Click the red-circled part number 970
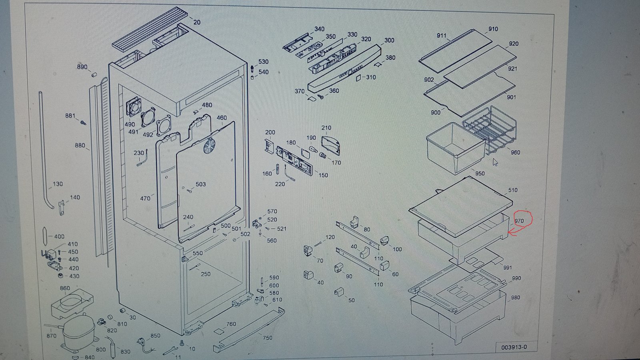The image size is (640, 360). click(519, 221)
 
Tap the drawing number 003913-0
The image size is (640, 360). click(514, 347)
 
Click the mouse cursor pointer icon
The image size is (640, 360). click(495, 162)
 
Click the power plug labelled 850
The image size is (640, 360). click(145, 344)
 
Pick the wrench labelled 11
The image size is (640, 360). click(170, 351)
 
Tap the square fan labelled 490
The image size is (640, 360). click(134, 106)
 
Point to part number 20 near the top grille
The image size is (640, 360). click(197, 22)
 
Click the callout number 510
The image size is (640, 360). click(513, 190)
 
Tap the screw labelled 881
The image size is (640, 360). click(83, 122)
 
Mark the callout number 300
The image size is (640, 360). click(389, 40)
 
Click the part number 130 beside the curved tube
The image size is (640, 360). click(58, 184)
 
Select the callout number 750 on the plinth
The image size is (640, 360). click(268, 338)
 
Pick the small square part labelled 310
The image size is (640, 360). click(358, 78)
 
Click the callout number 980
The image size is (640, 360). click(516, 298)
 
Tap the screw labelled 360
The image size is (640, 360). click(321, 97)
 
